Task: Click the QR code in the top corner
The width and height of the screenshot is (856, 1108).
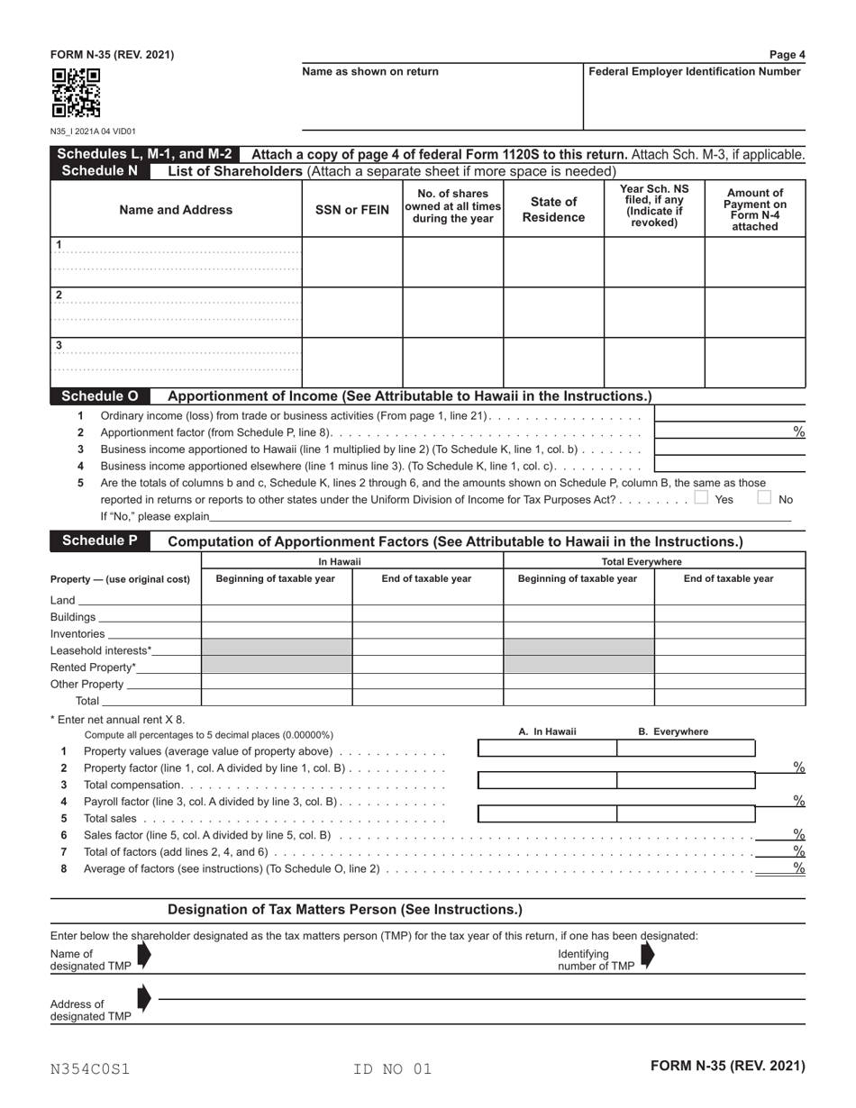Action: [x=75, y=94]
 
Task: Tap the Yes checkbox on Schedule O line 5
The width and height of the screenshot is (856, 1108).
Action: [x=702, y=497]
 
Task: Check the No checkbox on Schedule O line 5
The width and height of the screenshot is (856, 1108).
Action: [x=764, y=497]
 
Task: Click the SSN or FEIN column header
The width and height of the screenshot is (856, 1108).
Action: [x=351, y=210]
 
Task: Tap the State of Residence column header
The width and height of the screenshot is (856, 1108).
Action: [x=553, y=210]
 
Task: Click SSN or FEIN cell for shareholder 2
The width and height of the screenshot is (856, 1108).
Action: [x=351, y=312]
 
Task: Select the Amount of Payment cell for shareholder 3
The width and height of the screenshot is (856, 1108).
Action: [x=754, y=362]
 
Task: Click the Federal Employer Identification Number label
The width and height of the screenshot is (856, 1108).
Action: [x=694, y=72]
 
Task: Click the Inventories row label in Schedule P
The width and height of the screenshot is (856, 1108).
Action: [x=77, y=634]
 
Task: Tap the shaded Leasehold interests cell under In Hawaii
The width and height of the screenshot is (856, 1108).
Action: [x=277, y=650]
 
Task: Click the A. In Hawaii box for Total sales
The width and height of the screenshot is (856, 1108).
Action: [x=547, y=814]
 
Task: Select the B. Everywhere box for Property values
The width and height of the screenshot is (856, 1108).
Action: [x=685, y=748]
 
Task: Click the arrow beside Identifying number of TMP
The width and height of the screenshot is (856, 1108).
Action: [x=647, y=956]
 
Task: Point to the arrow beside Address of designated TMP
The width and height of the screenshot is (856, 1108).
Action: [x=144, y=998]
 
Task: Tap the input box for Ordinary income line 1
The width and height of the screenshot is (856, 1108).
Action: [x=729, y=414]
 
